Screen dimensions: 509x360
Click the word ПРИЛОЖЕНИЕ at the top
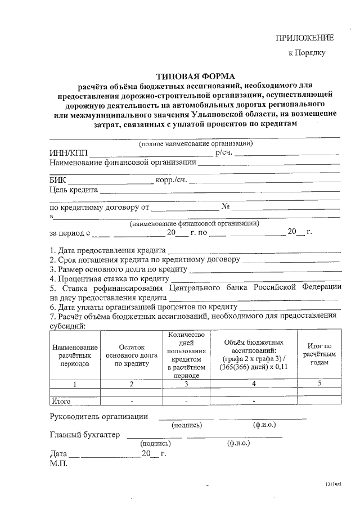(x=304, y=38)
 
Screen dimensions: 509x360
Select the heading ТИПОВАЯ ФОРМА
(x=195, y=76)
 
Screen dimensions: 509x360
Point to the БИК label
(x=58, y=181)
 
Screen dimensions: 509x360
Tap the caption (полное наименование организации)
(x=196, y=143)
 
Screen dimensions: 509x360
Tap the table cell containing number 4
(x=254, y=384)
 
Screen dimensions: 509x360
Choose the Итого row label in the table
(x=61, y=402)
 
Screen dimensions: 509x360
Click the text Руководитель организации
(x=99, y=417)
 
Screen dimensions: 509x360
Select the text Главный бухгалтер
(x=85, y=435)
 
